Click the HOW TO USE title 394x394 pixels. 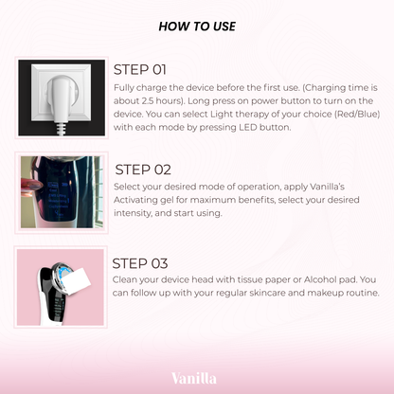point(197,27)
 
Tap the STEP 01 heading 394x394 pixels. point(140,70)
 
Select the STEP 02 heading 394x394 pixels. point(143,170)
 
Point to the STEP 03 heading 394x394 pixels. point(140,263)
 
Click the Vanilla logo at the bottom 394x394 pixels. point(194,378)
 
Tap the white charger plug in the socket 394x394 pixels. point(61,97)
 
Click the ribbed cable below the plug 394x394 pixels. point(62,129)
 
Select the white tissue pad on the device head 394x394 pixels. point(78,281)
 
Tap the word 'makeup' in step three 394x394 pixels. point(325,294)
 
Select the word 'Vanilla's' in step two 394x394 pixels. point(327,187)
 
